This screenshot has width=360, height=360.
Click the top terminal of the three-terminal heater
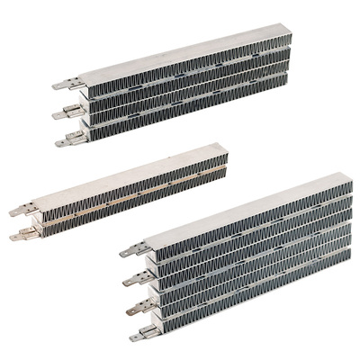[61, 86]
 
